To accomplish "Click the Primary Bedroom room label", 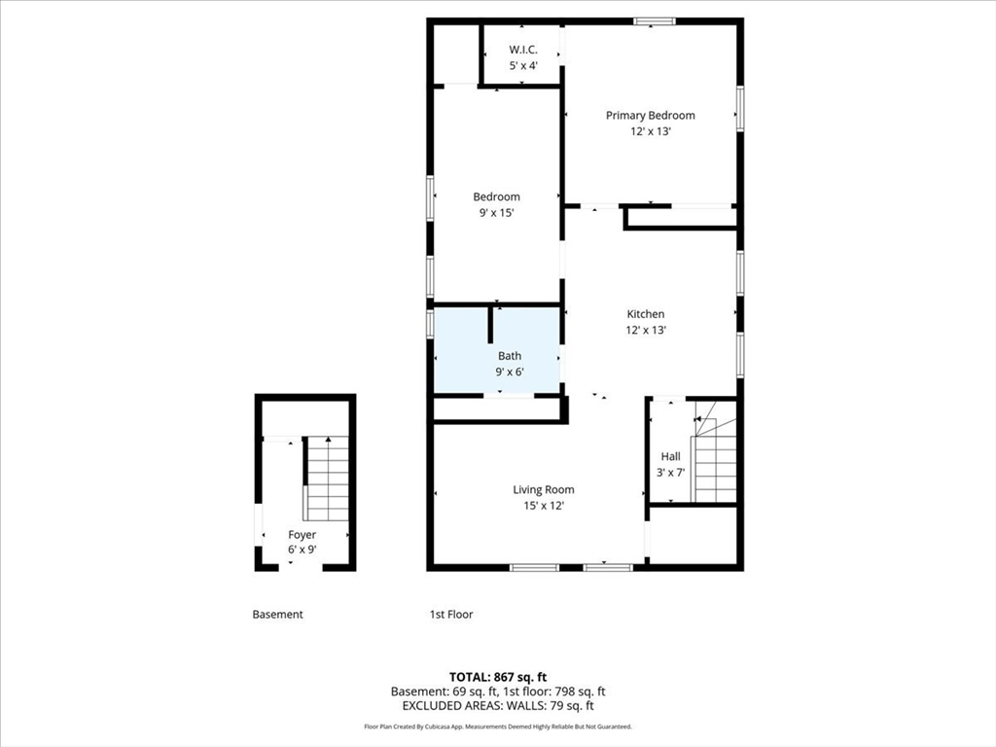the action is pos(650,115).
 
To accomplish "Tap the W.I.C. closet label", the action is pos(522,50).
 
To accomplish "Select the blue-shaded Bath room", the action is pos(497,351).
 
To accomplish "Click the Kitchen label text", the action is pos(646,314).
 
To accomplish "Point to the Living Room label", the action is pos(543,490).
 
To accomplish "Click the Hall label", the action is pos(670,456).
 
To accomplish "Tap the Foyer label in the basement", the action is pos(302,535).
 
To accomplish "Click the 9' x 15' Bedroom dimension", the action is pos(496,213).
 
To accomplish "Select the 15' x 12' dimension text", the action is pos(544,506).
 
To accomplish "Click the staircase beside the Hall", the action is pos(715,451).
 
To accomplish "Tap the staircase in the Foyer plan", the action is pos(327,479).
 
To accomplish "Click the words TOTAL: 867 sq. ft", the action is pos(498,677).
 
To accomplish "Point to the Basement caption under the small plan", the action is pos(277,615).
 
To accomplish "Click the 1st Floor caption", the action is pos(451,615).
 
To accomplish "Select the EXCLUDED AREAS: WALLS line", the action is pos(498,706).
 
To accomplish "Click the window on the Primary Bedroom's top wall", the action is pos(655,21).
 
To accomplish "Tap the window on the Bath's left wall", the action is pos(430,323).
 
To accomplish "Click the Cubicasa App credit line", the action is pos(498,727).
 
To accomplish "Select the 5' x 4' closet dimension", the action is pos(523,65).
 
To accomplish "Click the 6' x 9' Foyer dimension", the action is pos(302,551).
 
